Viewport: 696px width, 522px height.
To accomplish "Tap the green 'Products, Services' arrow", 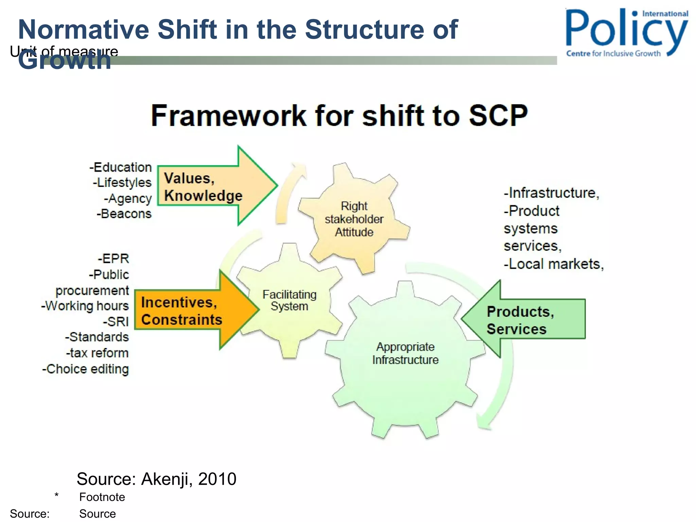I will tap(523, 319).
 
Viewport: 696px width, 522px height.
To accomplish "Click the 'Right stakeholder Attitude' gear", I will tap(354, 219).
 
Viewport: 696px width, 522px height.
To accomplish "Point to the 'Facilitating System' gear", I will tap(289, 300).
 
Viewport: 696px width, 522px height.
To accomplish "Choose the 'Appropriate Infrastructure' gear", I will tap(405, 353).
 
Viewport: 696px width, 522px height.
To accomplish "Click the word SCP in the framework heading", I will tap(498, 116).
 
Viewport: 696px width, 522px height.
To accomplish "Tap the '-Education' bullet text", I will tap(121, 167).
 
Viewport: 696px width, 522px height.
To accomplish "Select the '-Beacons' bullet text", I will tap(124, 214).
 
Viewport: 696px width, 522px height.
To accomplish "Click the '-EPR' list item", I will tap(114, 259).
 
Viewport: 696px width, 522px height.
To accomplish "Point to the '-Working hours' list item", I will tap(85, 306).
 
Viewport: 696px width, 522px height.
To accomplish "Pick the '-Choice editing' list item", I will tap(86, 369).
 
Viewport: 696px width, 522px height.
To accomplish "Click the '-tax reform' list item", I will tap(98, 353).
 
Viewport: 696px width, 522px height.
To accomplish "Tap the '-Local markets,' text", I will tap(554, 264).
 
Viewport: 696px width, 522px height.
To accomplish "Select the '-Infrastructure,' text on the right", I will tap(551, 193).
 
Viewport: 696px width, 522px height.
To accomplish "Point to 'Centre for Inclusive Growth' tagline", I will tap(613, 53).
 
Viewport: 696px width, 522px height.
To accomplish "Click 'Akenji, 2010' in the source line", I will tap(189, 479).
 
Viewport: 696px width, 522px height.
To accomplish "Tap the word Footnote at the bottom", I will tap(102, 497).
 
